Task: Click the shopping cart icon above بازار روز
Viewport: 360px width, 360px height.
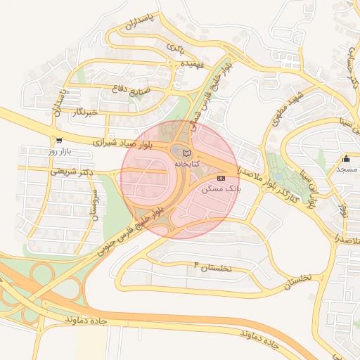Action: click(x=58, y=141)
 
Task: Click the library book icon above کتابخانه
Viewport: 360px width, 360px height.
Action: click(x=186, y=153)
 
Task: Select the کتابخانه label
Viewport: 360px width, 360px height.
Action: click(x=186, y=163)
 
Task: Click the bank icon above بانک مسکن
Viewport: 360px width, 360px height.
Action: click(x=221, y=179)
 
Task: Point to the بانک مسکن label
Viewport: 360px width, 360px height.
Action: click(x=221, y=189)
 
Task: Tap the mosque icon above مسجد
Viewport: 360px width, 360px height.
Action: click(x=346, y=158)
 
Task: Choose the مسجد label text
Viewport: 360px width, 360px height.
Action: click(x=346, y=169)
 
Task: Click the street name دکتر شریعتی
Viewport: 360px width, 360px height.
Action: click(x=72, y=171)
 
